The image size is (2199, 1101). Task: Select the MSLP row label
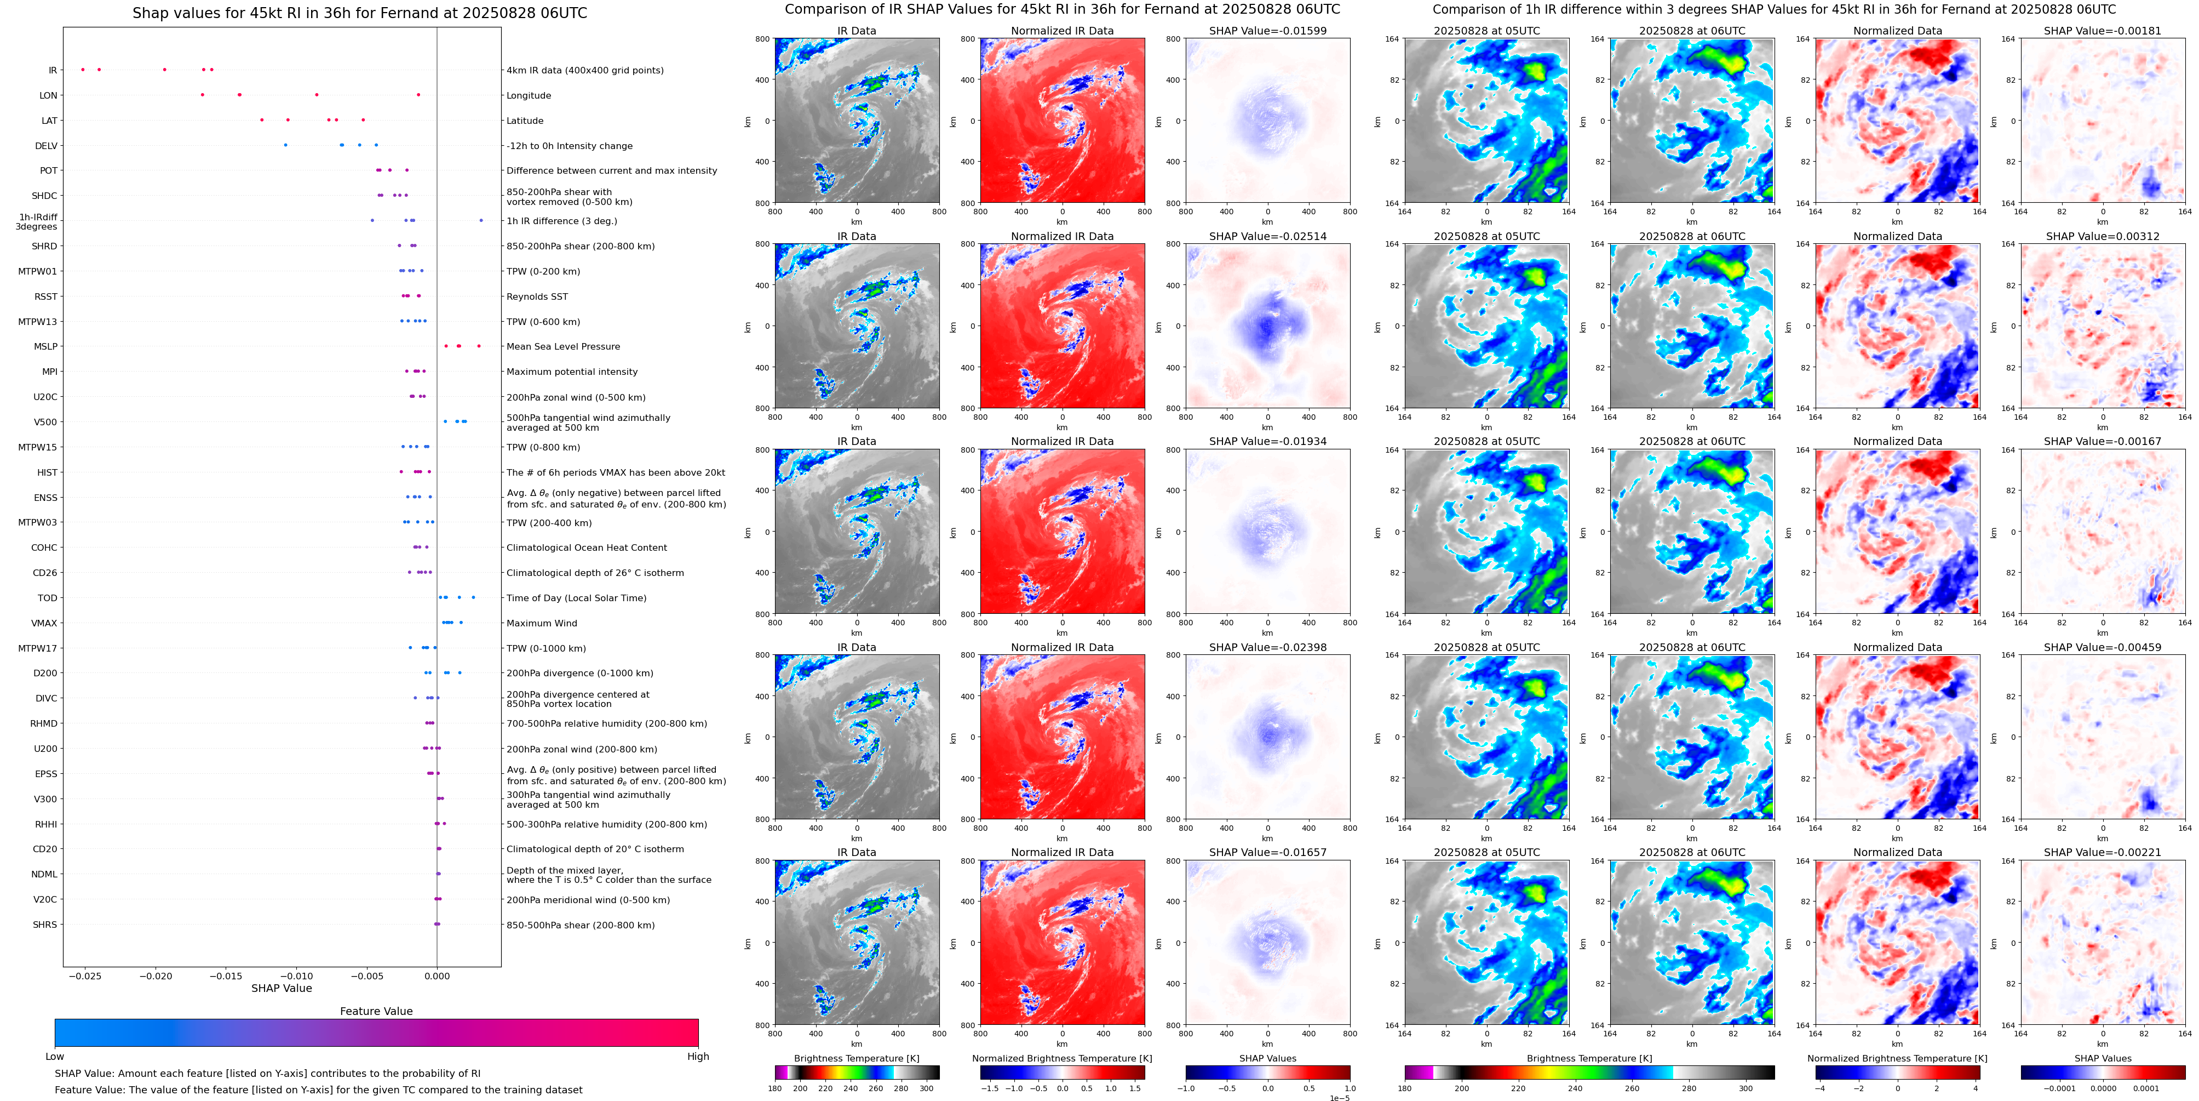45,347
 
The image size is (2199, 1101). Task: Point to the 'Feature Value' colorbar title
376,1011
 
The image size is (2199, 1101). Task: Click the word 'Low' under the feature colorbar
55,1057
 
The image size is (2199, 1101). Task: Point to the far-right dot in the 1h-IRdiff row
481,220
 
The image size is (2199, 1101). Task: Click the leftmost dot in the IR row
82,69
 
